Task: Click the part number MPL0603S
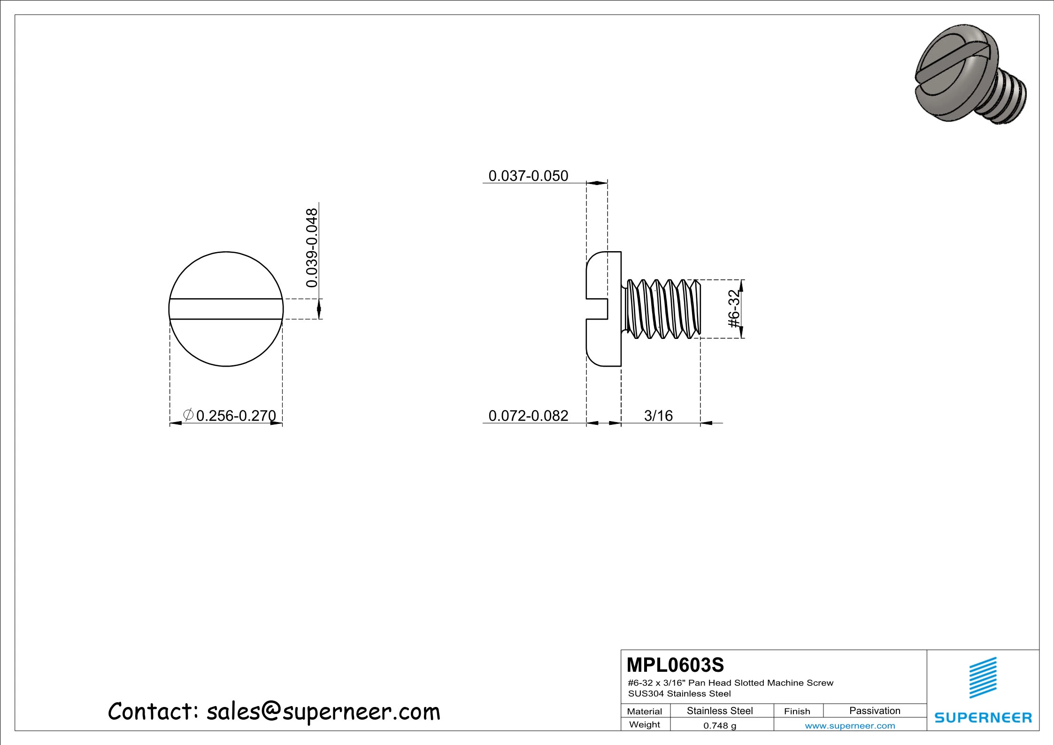(x=675, y=665)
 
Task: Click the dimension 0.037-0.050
(x=528, y=176)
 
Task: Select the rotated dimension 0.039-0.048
(x=312, y=248)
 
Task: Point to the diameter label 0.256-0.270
(x=236, y=415)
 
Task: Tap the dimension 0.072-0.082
(x=528, y=415)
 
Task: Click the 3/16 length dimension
(x=658, y=415)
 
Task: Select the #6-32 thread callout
(x=733, y=309)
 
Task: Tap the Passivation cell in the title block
(x=875, y=711)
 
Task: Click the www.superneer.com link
(x=850, y=726)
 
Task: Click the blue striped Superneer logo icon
(x=983, y=677)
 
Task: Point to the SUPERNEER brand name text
(x=983, y=717)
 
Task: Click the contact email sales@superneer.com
(x=323, y=712)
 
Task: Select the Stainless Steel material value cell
(x=720, y=711)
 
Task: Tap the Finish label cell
(x=797, y=711)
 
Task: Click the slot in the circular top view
(x=226, y=309)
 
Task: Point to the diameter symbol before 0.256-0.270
(x=188, y=415)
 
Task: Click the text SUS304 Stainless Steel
(x=679, y=693)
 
